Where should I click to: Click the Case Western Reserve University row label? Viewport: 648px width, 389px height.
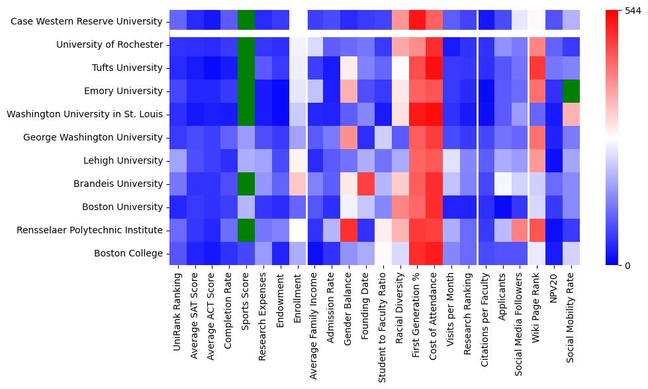(86, 22)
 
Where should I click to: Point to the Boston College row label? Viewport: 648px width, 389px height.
(128, 254)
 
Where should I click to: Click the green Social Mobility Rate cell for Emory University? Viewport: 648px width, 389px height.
(571, 91)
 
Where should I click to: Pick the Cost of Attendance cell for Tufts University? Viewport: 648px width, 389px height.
(434, 68)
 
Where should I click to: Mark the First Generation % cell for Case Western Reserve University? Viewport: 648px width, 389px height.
(417, 22)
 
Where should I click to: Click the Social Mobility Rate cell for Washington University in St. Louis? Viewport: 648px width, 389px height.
(571, 115)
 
